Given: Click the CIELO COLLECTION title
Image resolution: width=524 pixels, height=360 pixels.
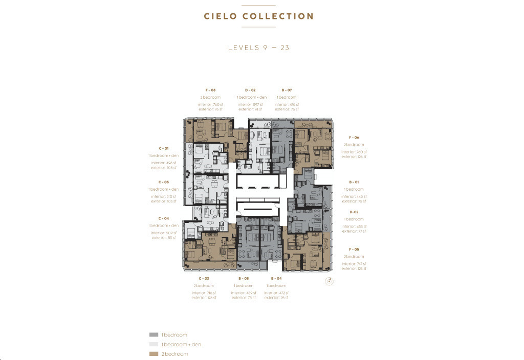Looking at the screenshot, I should (x=258, y=16).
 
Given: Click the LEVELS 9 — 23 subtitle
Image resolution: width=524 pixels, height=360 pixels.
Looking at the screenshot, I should (x=259, y=48).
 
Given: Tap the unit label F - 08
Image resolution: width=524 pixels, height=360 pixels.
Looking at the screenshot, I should (x=210, y=90).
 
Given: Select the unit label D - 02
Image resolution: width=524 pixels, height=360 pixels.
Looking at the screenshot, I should (x=250, y=90).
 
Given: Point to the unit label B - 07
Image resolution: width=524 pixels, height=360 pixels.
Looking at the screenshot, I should (x=287, y=90).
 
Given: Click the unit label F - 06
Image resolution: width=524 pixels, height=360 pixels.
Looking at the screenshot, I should (x=354, y=138).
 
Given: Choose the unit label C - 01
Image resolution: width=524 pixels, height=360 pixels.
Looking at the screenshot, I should (x=164, y=148).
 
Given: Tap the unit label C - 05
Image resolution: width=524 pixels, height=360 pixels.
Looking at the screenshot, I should (x=164, y=182).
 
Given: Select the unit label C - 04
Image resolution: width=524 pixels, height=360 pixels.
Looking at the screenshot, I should (x=164, y=218).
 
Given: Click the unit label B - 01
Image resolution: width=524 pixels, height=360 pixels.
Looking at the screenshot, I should (x=354, y=182).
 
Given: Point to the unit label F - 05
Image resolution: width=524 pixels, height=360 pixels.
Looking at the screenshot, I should (x=354, y=249).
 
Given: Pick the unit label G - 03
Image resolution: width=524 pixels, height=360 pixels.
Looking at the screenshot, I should (x=204, y=278).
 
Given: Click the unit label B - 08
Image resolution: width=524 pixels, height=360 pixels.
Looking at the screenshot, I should (x=243, y=278).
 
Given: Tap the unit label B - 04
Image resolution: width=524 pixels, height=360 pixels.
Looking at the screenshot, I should (x=276, y=278).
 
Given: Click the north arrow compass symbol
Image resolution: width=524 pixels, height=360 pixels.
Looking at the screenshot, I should (x=330, y=281).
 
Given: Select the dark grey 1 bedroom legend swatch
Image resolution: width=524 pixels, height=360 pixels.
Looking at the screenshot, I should (x=153, y=335).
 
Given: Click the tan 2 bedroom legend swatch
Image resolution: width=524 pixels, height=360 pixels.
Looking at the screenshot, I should (x=153, y=354).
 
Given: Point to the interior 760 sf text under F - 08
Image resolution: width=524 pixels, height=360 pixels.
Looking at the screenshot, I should (x=210, y=105).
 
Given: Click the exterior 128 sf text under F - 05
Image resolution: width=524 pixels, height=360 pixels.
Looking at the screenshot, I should (x=354, y=268).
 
